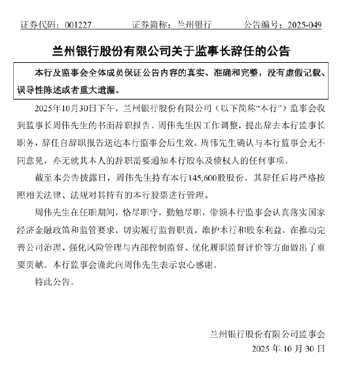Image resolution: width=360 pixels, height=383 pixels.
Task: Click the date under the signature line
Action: coord(288,348)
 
